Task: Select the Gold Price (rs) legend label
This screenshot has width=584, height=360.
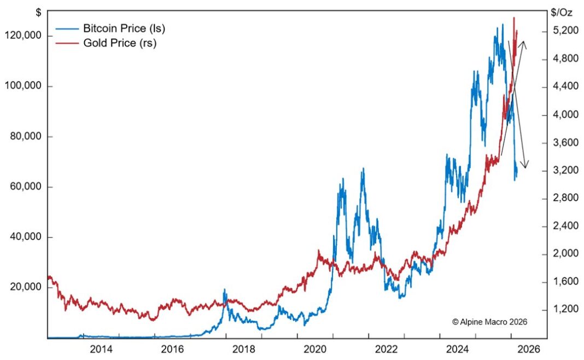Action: click(120, 43)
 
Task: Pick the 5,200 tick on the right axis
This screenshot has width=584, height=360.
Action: click(565, 31)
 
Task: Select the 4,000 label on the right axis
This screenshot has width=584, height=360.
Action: click(565, 115)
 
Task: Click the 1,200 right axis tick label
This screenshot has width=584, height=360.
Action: click(565, 310)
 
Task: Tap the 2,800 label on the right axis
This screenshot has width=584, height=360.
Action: click(565, 198)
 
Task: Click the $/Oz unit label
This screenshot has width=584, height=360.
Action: click(562, 10)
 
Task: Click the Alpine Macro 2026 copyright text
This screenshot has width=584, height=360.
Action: click(489, 323)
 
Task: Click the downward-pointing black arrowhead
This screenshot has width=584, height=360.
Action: click(525, 165)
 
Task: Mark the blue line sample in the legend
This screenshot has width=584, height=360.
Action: click(67, 28)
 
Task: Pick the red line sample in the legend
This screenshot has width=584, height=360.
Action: click(67, 43)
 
